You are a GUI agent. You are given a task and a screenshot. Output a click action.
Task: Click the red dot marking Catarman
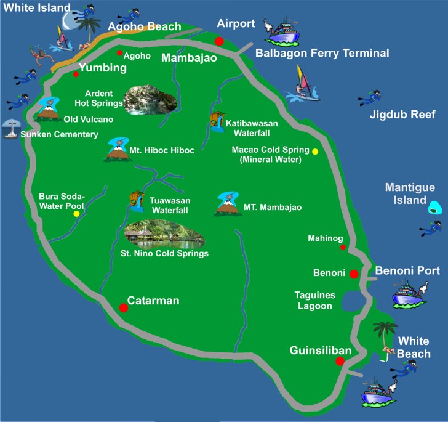click(124, 307)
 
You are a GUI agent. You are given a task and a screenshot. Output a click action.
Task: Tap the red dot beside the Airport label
click(219, 41)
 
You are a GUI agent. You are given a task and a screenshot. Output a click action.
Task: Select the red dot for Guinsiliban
click(340, 362)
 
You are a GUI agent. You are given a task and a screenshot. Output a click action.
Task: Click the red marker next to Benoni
click(354, 274)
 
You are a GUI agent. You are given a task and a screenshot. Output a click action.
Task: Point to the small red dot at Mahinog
click(343, 248)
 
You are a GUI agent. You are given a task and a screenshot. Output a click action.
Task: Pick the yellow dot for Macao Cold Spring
click(315, 152)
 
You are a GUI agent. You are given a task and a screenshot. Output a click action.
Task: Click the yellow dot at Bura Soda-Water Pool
click(76, 214)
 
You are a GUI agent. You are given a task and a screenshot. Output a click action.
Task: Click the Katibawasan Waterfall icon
click(216, 121)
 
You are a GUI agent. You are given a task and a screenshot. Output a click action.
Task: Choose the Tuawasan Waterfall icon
click(137, 201)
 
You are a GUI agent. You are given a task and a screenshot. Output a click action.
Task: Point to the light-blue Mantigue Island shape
click(436, 208)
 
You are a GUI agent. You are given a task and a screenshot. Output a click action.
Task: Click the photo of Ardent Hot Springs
click(150, 100)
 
